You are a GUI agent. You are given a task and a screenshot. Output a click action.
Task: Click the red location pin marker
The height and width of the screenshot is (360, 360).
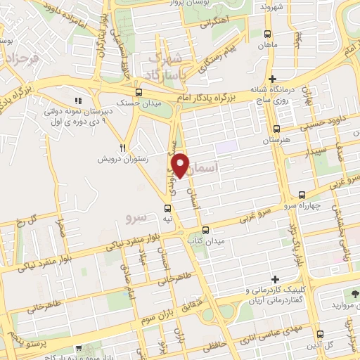[x=181, y=165]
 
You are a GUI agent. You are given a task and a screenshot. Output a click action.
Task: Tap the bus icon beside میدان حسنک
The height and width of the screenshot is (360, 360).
[x=139, y=92]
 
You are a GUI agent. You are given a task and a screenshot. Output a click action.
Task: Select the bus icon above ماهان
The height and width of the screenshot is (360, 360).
[x=267, y=34]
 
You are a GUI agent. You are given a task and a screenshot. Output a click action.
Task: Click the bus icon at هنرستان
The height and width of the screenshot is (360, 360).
[x=276, y=129]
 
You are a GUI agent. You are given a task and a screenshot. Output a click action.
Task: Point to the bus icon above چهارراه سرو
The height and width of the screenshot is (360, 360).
[x=302, y=175]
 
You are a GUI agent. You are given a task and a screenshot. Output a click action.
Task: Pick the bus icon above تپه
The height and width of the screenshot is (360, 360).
[x=167, y=207]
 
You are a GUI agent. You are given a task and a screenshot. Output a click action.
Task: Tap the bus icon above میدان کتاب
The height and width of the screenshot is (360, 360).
[x=205, y=230]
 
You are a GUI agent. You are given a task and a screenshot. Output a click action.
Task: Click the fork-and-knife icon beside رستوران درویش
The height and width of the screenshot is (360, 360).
[x=122, y=148]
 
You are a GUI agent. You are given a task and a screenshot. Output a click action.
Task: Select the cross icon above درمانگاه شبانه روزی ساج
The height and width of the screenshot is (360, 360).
[x=272, y=79]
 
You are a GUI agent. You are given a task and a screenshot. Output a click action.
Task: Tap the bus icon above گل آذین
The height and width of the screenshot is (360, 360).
[x=319, y=333]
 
